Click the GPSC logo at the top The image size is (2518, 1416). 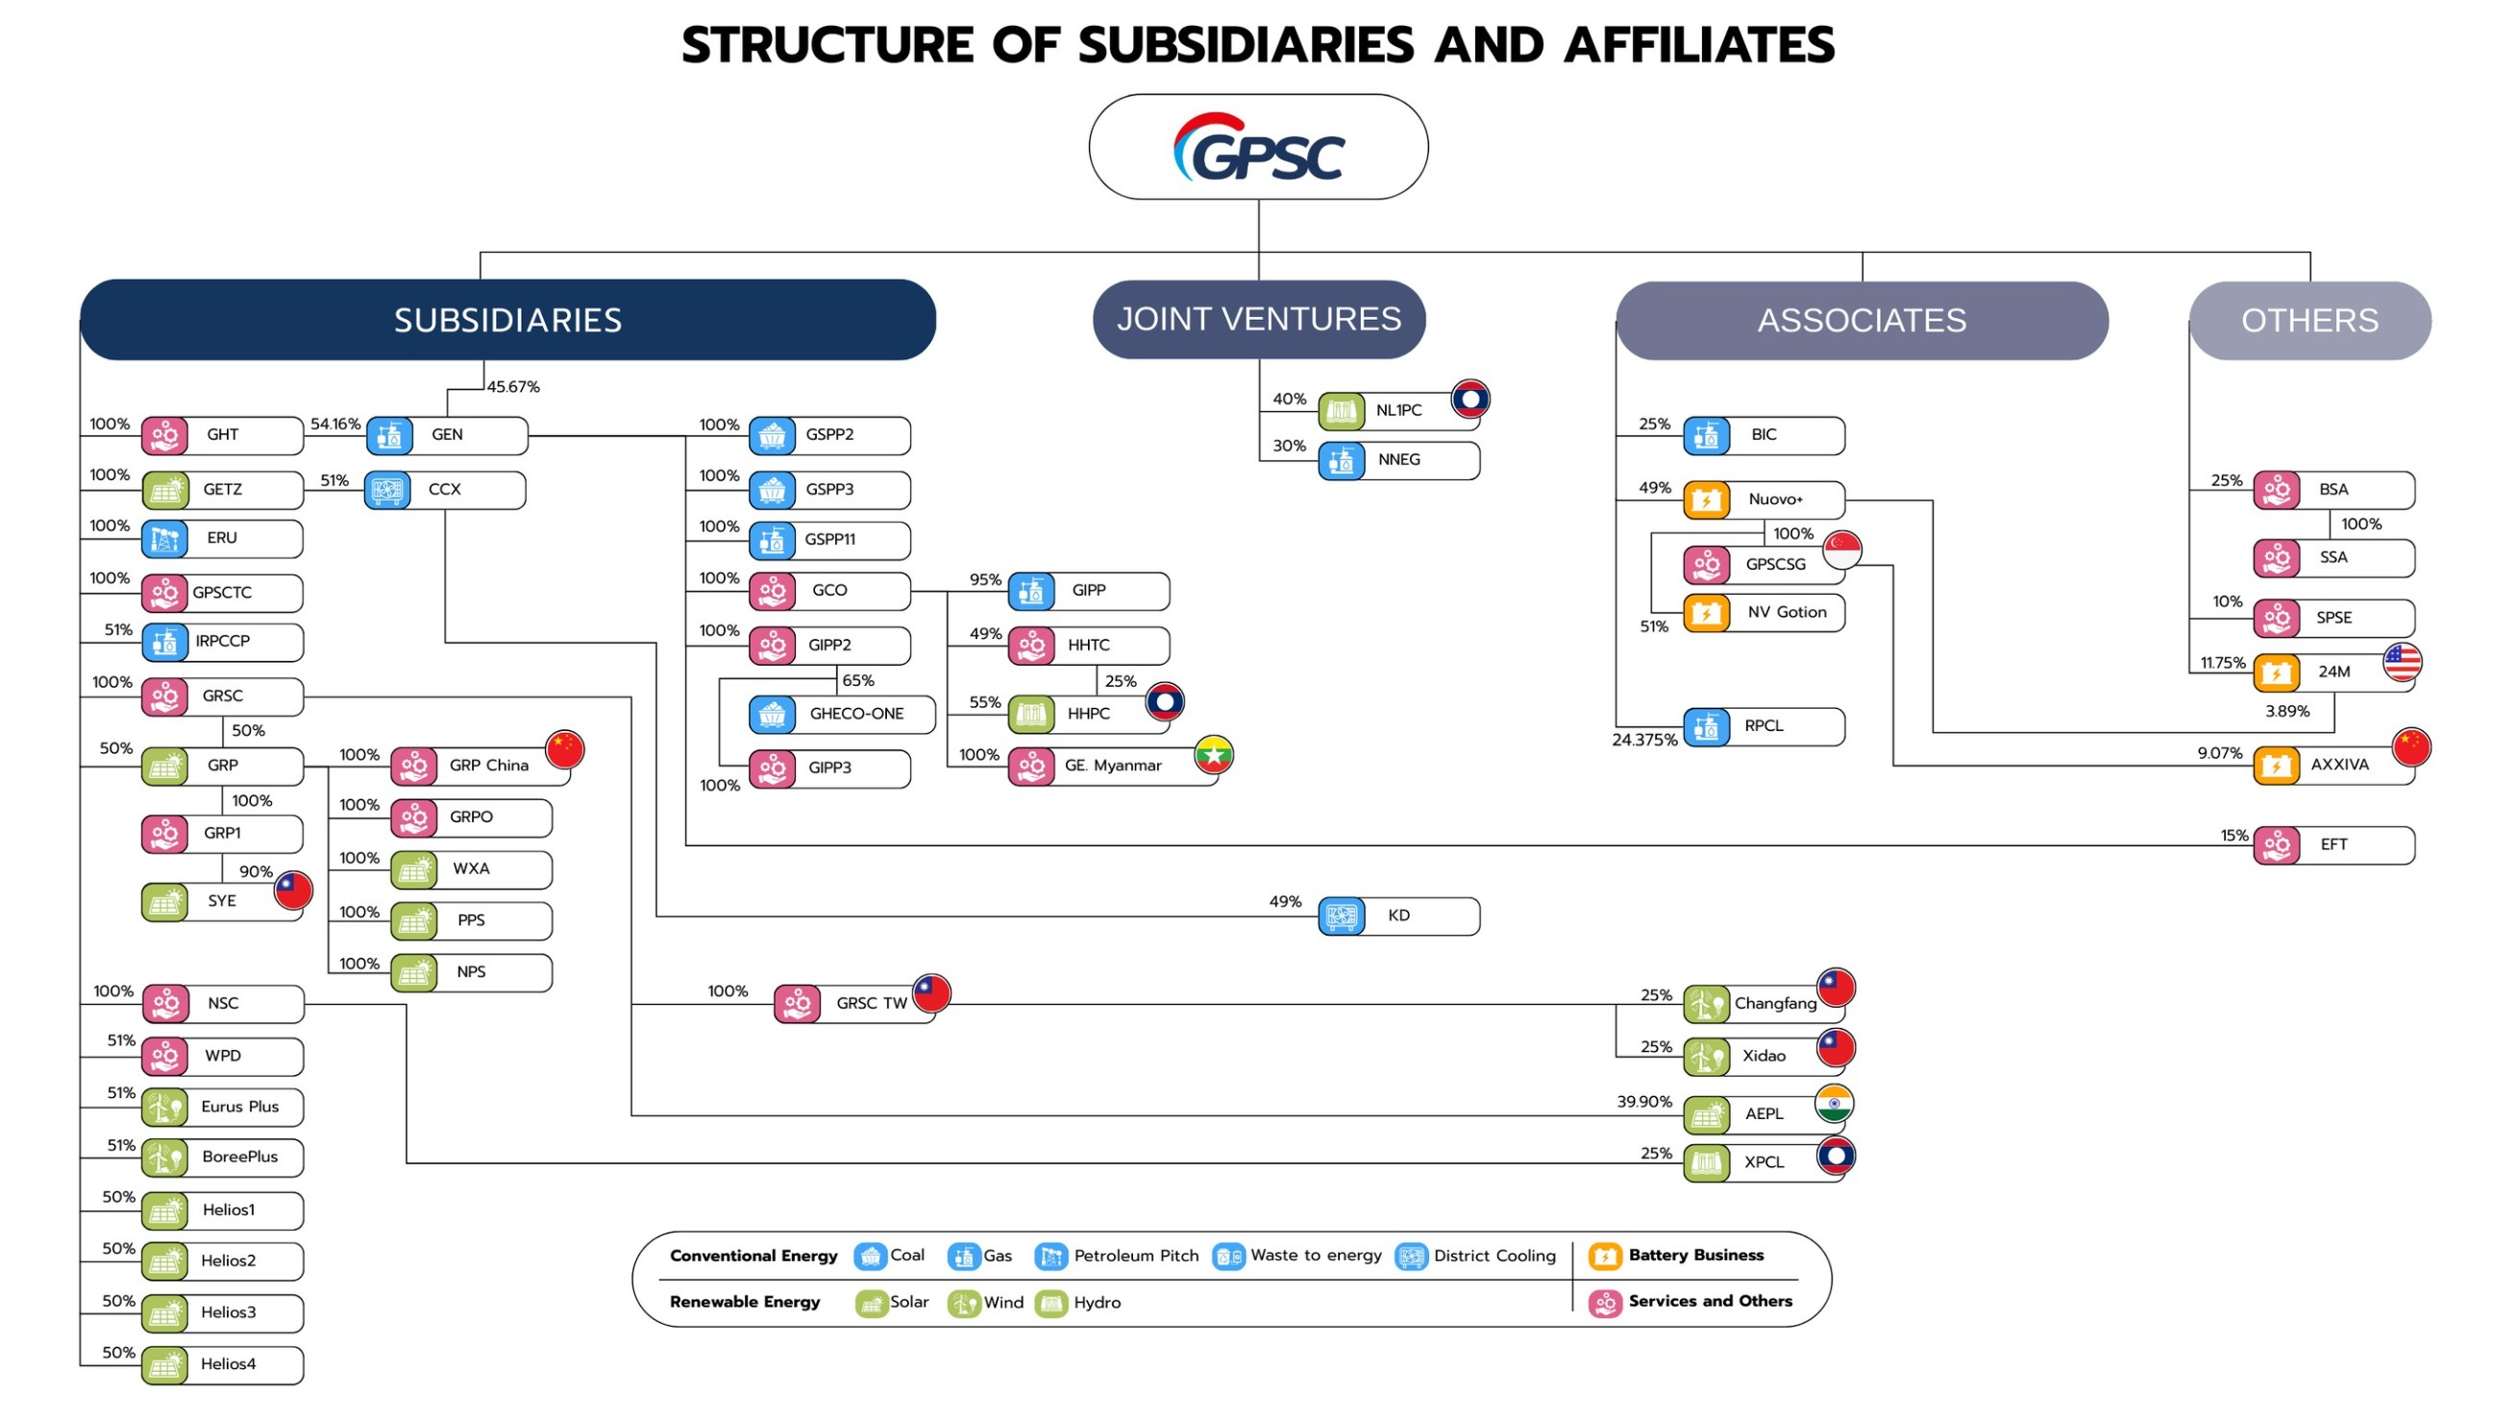coord(1258,149)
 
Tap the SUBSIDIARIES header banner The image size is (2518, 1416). coord(507,320)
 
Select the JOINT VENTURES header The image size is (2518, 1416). coord(1258,320)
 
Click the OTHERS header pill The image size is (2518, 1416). coord(2308,321)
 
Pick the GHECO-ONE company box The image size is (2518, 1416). coord(842,715)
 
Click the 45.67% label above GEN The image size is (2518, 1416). coord(513,387)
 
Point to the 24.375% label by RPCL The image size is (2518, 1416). coord(1644,741)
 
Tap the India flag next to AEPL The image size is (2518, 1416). coord(1834,1104)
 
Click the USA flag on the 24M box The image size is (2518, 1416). coord(2402,663)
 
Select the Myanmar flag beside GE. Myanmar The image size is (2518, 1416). coord(1213,754)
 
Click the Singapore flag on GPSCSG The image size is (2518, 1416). coord(1841,550)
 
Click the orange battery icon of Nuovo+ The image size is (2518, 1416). coord(1706,500)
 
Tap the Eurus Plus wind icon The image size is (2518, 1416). coord(165,1108)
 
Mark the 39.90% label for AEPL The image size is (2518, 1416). coord(1644,1102)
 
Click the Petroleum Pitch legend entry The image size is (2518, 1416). coord(1118,1256)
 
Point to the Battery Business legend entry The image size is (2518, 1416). coord(1676,1256)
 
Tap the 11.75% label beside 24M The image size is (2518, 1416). coord(2222,664)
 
